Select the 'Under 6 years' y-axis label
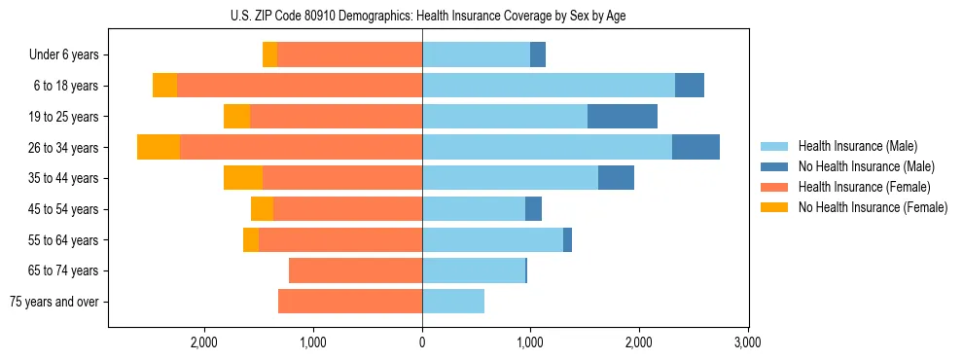[64, 54]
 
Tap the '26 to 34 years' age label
[64, 148]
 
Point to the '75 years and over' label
[54, 302]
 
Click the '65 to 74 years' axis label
[64, 270]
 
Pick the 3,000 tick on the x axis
[747, 342]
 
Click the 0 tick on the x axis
[422, 342]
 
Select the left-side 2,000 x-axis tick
[204, 342]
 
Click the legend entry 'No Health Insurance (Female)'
[873, 207]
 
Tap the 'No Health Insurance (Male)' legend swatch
[774, 166]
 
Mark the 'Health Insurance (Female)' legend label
[864, 187]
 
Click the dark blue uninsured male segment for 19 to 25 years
[623, 117]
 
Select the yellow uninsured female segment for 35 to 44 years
[243, 178]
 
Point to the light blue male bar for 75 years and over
[453, 302]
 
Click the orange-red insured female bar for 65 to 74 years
[355, 270]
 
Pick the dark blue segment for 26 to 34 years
[695, 148]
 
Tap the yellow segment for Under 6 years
[269, 54]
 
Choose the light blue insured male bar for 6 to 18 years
[549, 86]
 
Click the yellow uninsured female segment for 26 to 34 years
[159, 148]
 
